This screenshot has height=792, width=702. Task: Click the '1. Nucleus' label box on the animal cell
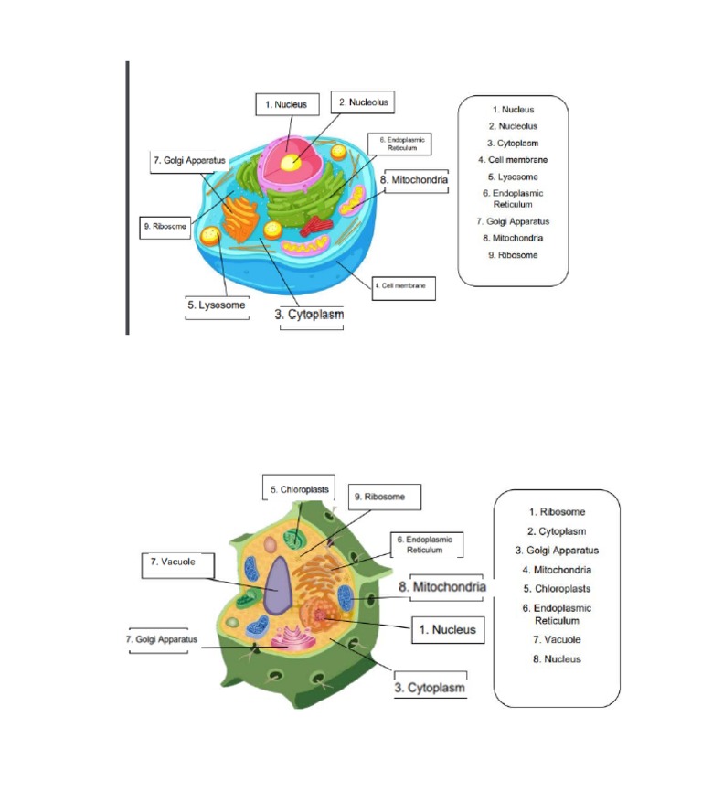[286, 105]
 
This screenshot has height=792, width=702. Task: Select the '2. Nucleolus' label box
[363, 102]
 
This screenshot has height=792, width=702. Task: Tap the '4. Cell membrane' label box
[403, 287]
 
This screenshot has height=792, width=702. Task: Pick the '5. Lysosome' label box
[216, 305]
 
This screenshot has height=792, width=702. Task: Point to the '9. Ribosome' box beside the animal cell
[165, 226]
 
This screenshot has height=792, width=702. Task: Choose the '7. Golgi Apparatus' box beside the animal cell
[189, 161]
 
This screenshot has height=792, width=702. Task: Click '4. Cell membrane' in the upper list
[512, 160]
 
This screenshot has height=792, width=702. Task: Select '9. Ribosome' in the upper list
[512, 255]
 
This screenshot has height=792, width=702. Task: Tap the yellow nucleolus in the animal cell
[290, 163]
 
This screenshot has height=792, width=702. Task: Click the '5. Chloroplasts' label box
[299, 490]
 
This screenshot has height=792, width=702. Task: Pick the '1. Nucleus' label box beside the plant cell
[447, 630]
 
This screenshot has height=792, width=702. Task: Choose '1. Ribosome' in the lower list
[557, 512]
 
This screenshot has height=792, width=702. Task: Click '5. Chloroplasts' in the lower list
[557, 589]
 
